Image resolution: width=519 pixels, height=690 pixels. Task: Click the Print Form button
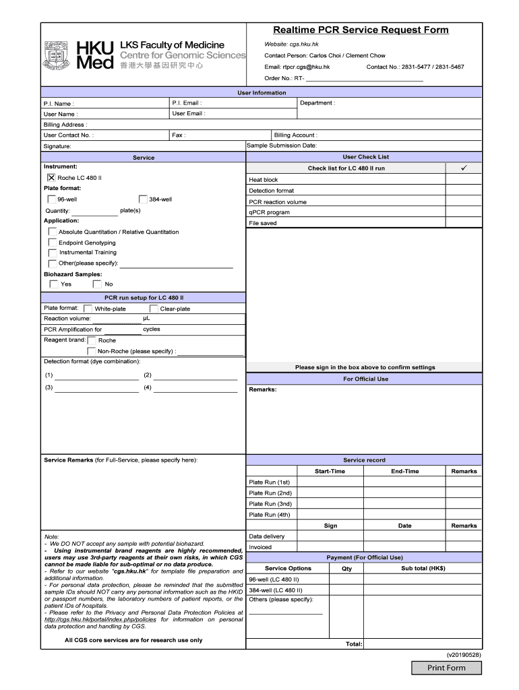(447, 668)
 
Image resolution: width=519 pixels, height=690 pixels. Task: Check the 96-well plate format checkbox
(52, 199)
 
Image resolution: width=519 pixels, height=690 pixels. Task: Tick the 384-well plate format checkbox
(144, 199)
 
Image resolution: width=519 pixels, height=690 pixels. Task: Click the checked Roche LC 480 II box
(52, 177)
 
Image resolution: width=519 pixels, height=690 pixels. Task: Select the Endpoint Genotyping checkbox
(53, 243)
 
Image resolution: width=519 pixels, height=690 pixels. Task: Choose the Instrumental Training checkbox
(53, 253)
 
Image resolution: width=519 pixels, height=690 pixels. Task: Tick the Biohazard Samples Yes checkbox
(54, 284)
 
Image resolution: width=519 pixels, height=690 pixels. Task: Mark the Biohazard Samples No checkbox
(97, 284)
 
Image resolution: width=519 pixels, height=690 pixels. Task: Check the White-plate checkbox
(88, 309)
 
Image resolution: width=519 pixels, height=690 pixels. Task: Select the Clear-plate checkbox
(154, 309)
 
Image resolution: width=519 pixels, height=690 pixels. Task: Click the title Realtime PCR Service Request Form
(361, 30)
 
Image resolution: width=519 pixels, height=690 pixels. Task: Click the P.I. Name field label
(59, 104)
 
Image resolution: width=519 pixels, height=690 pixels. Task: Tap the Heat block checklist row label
(263, 180)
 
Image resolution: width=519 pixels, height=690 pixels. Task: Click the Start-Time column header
(330, 472)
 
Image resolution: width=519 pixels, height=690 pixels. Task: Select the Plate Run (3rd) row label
(270, 504)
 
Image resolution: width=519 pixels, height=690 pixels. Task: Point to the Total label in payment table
(354, 644)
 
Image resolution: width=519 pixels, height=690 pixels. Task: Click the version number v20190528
(464, 654)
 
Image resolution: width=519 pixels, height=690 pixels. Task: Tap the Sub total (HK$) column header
(423, 568)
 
